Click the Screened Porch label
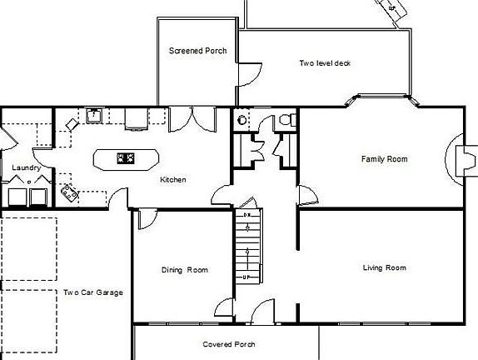tap(197, 51)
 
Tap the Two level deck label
tap(324, 62)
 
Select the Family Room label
tap(384, 158)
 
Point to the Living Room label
tap(384, 267)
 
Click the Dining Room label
tap(184, 269)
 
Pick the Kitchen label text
tap(173, 179)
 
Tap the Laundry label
tap(27, 167)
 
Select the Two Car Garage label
tap(92, 292)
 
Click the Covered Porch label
tap(228, 344)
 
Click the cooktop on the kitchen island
tap(126, 157)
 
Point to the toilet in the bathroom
tap(286, 120)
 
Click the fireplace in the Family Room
tap(459, 158)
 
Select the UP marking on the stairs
tap(246, 277)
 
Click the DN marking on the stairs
tap(246, 216)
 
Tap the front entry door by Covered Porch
tap(265, 311)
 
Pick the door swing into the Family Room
tap(306, 197)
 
